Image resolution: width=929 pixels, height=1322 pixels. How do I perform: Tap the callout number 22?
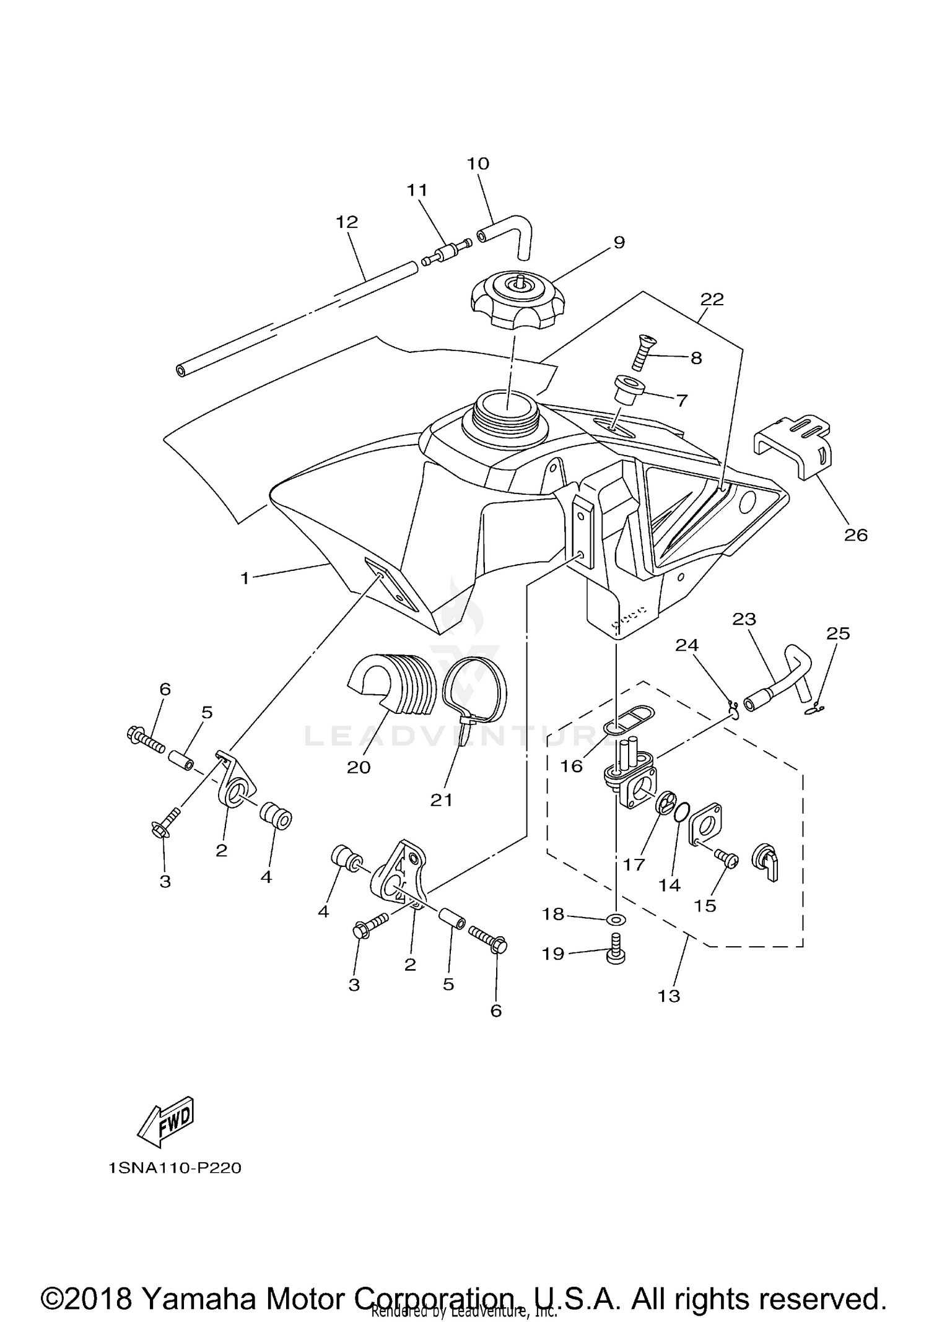pyautogui.click(x=712, y=300)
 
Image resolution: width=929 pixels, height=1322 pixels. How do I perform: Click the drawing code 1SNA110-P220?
pyautogui.click(x=174, y=1168)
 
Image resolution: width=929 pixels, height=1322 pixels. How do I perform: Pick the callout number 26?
pyautogui.click(x=856, y=534)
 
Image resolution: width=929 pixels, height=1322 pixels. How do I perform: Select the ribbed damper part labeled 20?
pyautogui.click(x=387, y=684)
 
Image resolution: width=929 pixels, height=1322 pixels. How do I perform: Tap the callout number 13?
pyautogui.click(x=669, y=996)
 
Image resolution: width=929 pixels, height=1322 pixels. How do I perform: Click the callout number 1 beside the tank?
pyautogui.click(x=245, y=578)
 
